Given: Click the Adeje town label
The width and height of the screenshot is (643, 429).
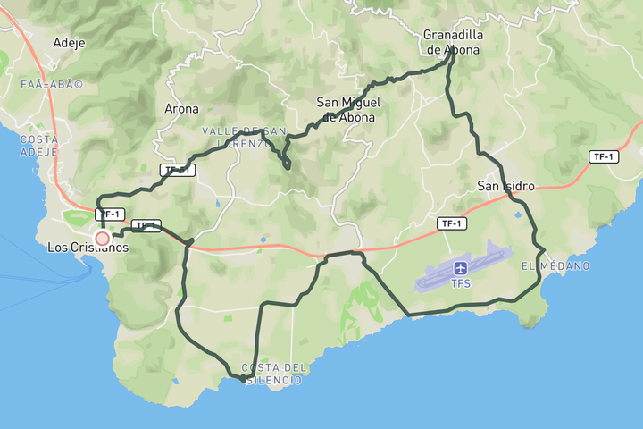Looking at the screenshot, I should pyautogui.click(x=69, y=42).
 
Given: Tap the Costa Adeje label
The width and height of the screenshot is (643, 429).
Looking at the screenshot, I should pyautogui.click(x=39, y=146).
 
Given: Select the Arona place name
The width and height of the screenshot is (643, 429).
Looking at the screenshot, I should pyautogui.click(x=181, y=109).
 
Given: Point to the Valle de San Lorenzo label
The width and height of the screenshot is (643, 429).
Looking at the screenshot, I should pyautogui.click(x=243, y=137).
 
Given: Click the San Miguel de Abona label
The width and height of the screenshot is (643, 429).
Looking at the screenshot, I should pyautogui.click(x=347, y=110).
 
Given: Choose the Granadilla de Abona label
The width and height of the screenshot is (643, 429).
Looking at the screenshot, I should pyautogui.click(x=452, y=43).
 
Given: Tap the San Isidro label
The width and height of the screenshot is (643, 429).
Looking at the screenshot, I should pyautogui.click(x=505, y=186).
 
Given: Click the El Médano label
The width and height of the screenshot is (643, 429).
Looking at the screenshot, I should pyautogui.click(x=555, y=266).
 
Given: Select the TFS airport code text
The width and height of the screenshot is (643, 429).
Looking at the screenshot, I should pyautogui.click(x=461, y=284).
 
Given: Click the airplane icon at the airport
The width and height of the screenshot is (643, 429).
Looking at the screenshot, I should pyautogui.click(x=461, y=268).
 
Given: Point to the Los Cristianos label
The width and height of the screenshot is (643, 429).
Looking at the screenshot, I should pyautogui.click(x=88, y=248).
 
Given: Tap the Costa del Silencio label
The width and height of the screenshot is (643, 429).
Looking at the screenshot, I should pyautogui.click(x=273, y=374).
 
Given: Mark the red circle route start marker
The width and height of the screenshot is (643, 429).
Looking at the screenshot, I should pyautogui.click(x=103, y=238).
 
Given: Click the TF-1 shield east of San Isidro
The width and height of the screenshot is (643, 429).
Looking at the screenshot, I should pyautogui.click(x=605, y=157).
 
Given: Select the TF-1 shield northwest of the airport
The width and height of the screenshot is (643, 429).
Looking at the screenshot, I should pyautogui.click(x=451, y=223).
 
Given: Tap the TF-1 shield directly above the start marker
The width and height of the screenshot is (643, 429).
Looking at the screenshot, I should pyautogui.click(x=109, y=214).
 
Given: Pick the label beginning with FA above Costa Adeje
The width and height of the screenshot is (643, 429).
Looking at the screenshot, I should pyautogui.click(x=52, y=85).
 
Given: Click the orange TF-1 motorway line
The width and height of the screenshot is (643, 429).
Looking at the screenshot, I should pyautogui.click(x=268, y=248).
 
